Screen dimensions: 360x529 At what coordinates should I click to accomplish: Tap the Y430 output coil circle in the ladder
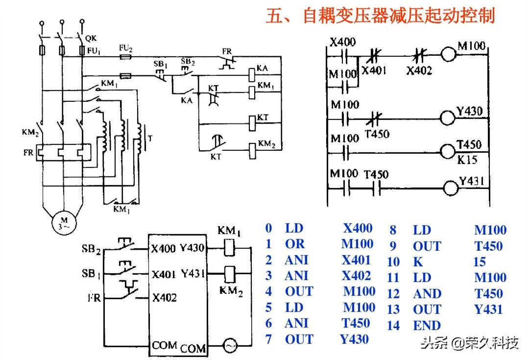point(448,118)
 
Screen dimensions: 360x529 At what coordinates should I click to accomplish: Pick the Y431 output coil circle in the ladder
point(450,188)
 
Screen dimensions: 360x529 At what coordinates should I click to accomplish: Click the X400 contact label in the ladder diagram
point(342,42)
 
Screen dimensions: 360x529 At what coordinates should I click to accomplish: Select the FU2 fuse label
point(126,48)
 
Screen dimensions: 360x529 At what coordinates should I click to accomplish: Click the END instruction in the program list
point(427,326)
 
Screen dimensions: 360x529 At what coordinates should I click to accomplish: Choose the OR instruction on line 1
point(294,244)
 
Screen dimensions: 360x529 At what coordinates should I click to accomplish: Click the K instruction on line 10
point(418,262)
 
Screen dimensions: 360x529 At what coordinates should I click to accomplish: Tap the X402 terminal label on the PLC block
point(164,297)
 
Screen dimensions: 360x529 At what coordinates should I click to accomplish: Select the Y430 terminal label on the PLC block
point(192,248)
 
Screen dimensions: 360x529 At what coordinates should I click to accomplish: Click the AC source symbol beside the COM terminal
point(229,346)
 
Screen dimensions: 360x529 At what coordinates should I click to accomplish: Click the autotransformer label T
point(149,138)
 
